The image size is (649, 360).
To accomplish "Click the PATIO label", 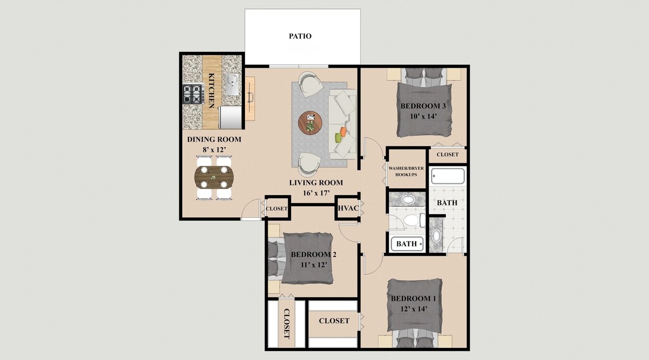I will (300, 36).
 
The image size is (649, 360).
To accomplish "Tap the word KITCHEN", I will (211, 91).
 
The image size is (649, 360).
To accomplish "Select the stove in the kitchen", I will (192, 94).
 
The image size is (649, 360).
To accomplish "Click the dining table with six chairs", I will (214, 177).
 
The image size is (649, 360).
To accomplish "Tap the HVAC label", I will (347, 208).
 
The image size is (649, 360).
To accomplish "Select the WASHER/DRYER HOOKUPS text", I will (406, 171).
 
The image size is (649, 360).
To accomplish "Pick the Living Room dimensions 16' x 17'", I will (316, 193).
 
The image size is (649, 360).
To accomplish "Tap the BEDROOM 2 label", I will (314, 255).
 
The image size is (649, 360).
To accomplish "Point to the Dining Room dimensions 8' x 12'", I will (214, 150).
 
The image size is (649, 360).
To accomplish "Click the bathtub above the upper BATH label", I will (448, 176).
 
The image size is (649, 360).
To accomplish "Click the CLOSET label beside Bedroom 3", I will (447, 154).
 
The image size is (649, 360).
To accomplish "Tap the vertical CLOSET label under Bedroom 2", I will (286, 324).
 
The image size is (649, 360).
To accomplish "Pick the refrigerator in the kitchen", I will (230, 117).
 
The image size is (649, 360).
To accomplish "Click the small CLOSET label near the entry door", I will (277, 208).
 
